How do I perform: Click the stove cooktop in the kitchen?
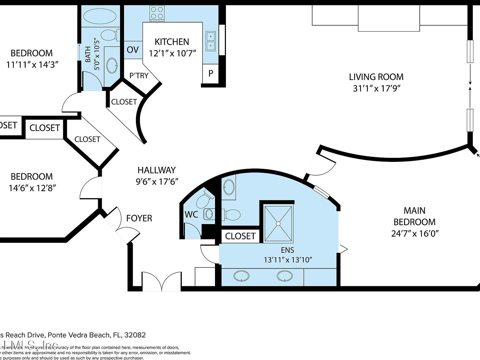coord(157,13)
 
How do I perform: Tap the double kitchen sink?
coord(211,41)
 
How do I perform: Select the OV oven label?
coord(133,50)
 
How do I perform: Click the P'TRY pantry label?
coord(139,75)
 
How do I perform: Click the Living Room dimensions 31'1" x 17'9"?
coord(377,88)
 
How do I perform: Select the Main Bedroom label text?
coord(414,216)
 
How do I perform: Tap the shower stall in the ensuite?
coord(278,223)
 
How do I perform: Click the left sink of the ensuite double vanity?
coord(242,276)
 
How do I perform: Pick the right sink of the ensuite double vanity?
coord(285,276)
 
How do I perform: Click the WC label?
coord(191,215)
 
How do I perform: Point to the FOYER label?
coord(139,218)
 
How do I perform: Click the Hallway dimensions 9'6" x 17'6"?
coord(157,182)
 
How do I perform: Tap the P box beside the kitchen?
coord(211,73)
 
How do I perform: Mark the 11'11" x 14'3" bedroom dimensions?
coord(32,65)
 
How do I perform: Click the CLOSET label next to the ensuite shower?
coord(240,236)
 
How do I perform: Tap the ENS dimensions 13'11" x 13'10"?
coord(288,260)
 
